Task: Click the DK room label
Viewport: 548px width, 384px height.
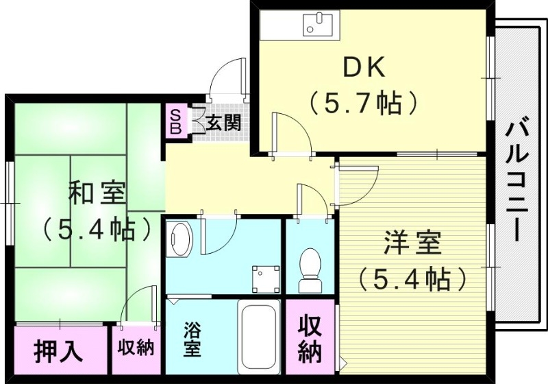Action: pyautogui.click(x=364, y=68)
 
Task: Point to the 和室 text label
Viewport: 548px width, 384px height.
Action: pyautogui.click(x=97, y=193)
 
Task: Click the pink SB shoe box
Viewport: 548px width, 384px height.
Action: pyautogui.click(x=175, y=121)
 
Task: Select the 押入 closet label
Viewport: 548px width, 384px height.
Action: pyautogui.click(x=59, y=350)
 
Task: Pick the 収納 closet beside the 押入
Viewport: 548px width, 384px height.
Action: pyautogui.click(x=135, y=348)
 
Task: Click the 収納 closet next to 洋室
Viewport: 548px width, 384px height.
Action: pyautogui.click(x=310, y=340)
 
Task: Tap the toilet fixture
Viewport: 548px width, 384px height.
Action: pyautogui.click(x=310, y=268)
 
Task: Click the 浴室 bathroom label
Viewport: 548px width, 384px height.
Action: pyautogui.click(x=192, y=339)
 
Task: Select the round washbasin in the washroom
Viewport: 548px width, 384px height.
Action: pyautogui.click(x=182, y=238)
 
